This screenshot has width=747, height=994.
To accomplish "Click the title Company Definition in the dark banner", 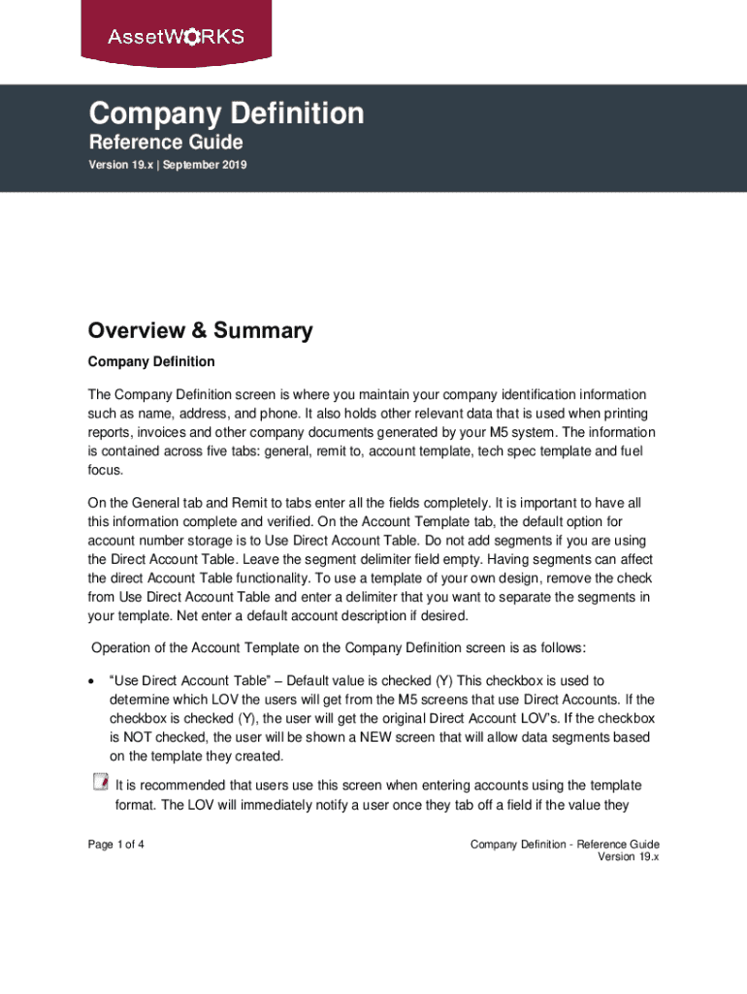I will pos(226,115).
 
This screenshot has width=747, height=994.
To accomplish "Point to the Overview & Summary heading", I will pos(200,331).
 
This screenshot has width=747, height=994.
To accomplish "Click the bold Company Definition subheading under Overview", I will pos(151,362).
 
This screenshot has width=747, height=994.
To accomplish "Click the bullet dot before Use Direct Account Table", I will pos(91,681).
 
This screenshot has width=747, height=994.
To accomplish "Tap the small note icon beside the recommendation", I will pos(100,782).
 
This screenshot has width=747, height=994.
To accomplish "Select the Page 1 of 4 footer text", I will pos(116,845).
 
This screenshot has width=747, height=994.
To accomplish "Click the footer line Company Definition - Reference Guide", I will pos(565,845).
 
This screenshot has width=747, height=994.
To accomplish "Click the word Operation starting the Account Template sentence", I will pos(124,647).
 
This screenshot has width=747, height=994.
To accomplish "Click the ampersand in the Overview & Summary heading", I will pos(199,331).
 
